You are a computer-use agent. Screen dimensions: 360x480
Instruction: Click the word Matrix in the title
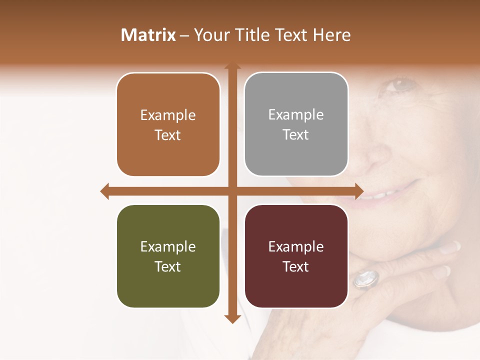click(148, 35)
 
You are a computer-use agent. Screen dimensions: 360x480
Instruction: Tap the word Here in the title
click(332, 35)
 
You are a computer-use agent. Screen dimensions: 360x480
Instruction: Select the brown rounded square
click(168, 125)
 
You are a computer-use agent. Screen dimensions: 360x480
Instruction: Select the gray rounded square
click(296, 124)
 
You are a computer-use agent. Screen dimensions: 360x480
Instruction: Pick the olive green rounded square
click(168, 256)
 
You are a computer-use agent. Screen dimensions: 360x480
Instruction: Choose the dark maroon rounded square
click(296, 256)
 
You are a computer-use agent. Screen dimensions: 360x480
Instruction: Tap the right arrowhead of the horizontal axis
click(359, 191)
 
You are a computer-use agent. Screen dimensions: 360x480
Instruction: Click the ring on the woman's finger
click(365, 279)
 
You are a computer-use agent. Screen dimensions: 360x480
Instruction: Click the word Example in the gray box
click(296, 114)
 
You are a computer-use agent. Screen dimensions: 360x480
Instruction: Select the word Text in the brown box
click(168, 135)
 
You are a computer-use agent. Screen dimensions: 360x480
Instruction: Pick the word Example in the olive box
click(168, 246)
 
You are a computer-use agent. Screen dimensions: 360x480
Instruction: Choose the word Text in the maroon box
click(296, 266)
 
